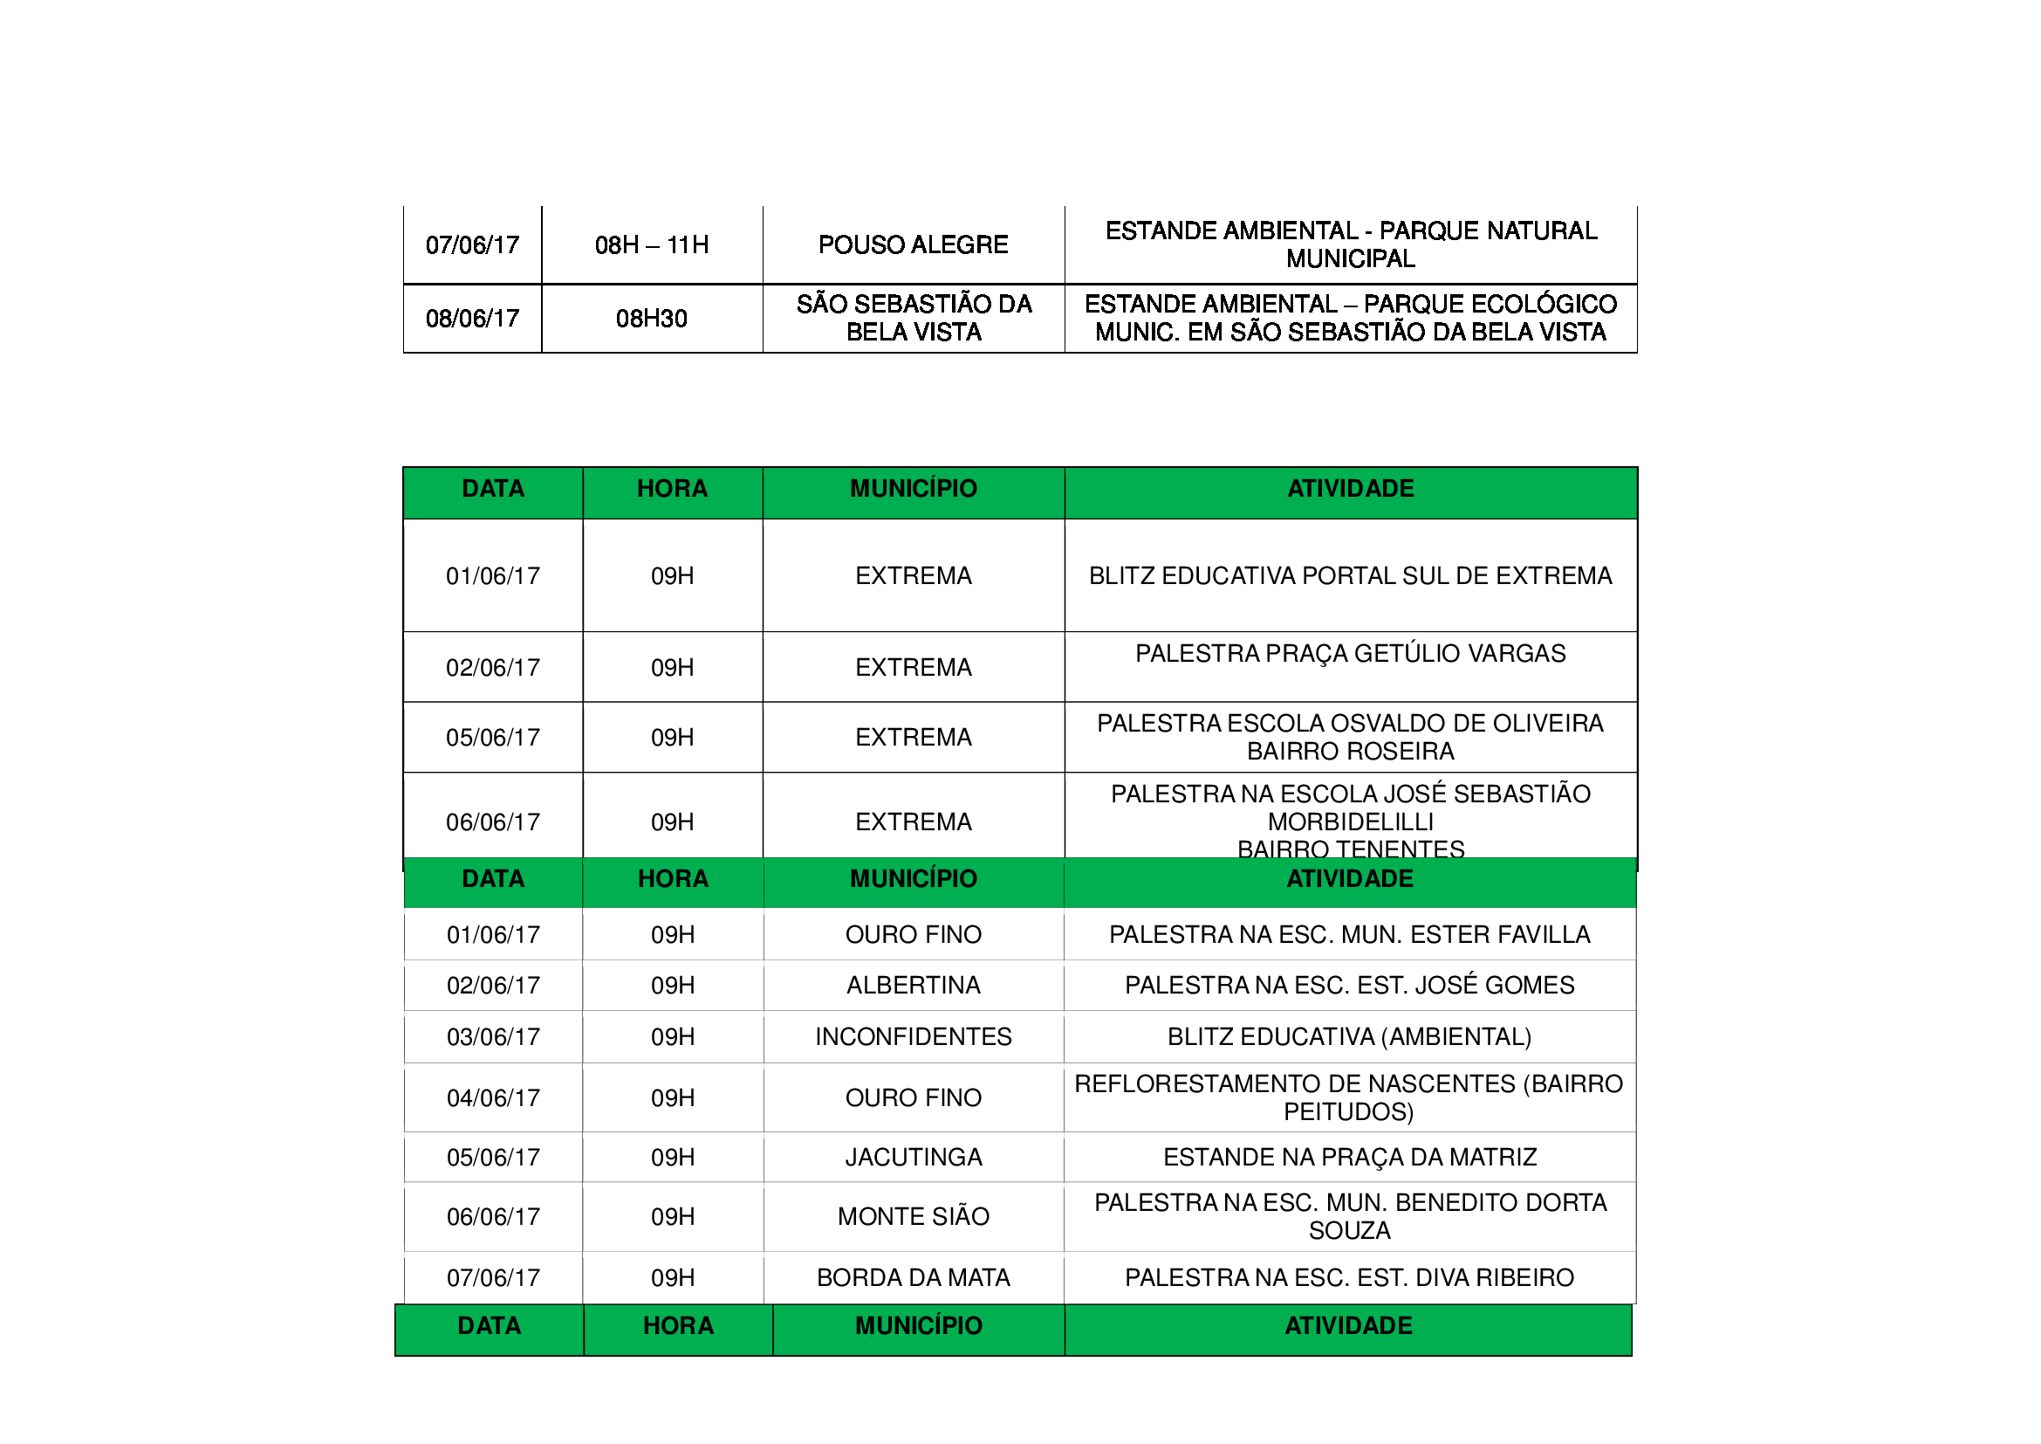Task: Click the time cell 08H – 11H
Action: [x=652, y=244]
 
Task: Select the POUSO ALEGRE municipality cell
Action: [x=913, y=244]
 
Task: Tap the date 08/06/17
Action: [x=472, y=319]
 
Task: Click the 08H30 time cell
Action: [x=652, y=319]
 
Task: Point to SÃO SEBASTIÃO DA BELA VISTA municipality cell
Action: [x=913, y=318]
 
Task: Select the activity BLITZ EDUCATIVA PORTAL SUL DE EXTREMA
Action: [x=1349, y=575]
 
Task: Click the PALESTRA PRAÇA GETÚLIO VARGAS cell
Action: [x=1349, y=654]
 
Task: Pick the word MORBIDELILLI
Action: [x=1349, y=822]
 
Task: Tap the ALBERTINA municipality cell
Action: [x=913, y=985]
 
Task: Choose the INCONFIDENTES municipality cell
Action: [x=913, y=1037]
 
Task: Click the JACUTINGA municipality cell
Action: [x=913, y=1157]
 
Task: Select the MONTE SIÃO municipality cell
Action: [x=913, y=1216]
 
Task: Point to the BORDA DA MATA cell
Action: [x=913, y=1278]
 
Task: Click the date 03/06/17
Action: [x=493, y=1037]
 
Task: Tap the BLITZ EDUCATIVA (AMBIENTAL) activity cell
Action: [x=1348, y=1037]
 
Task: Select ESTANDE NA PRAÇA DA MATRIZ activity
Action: [x=1348, y=1157]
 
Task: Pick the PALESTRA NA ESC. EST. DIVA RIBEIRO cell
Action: [x=1348, y=1278]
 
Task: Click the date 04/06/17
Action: [x=493, y=1098]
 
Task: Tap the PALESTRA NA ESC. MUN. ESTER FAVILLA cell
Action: [x=1348, y=934]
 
